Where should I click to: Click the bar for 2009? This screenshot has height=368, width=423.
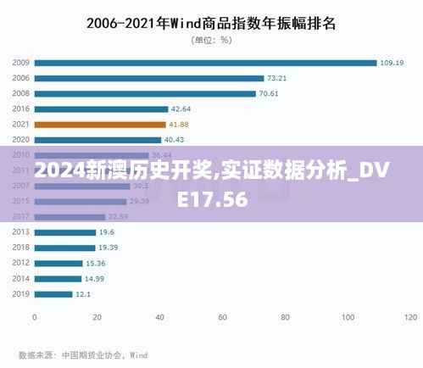205,62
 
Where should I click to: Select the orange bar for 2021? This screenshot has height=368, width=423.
100,124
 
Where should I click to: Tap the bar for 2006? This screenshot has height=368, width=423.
149,77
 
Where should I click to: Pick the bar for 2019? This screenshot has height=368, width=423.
53,294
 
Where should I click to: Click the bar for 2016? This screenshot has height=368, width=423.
101,109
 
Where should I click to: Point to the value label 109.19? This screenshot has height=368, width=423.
392,62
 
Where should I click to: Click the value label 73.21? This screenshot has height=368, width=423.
278,77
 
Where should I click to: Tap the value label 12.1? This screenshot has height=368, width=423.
83,294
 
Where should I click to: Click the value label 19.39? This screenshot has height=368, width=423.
108,248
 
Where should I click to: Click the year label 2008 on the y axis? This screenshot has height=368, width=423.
21,93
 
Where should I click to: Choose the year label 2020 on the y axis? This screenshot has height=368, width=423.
21,139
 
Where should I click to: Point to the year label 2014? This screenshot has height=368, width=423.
21,278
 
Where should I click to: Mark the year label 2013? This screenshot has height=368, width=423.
21,231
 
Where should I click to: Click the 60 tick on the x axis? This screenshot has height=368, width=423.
223,318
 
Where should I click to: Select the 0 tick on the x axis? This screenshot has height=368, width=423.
35,318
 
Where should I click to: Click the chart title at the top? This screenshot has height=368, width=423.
211,23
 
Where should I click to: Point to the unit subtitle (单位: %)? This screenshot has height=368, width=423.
211,40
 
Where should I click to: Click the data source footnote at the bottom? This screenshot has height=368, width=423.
83,355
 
